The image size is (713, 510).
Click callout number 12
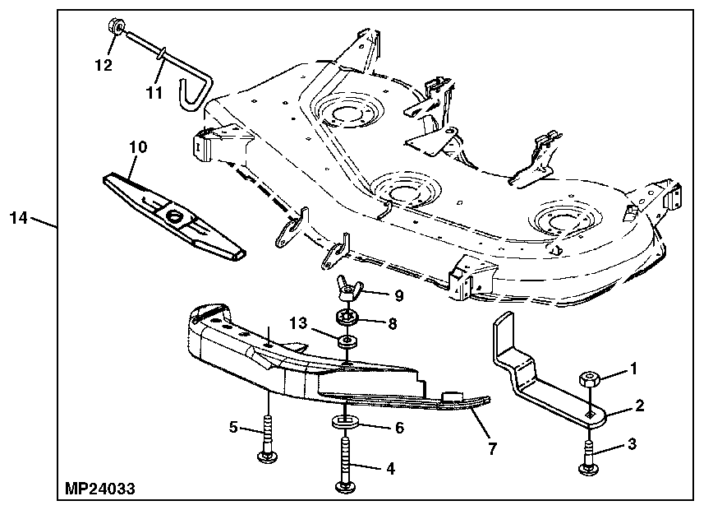point(103,65)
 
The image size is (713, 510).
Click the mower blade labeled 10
point(173,214)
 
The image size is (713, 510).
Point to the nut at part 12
point(115,30)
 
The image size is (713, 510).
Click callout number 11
point(154,92)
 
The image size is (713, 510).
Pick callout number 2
point(638,405)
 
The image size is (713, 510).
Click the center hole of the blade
point(175,216)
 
